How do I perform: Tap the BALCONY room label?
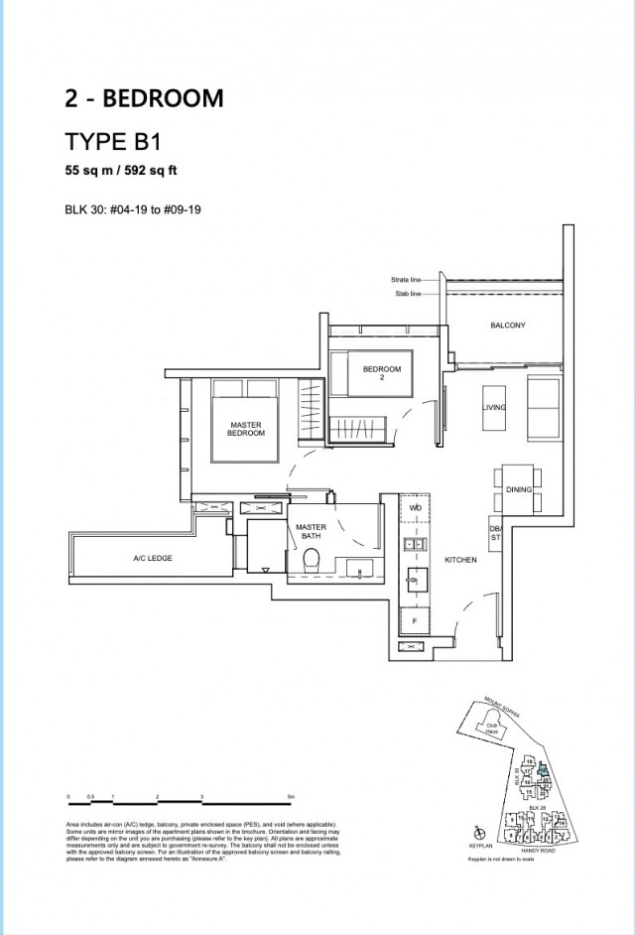[507, 326]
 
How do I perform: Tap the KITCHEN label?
[460, 561]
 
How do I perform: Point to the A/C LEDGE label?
[153, 559]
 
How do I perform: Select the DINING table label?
[519, 490]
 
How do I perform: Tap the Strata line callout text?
[406, 281]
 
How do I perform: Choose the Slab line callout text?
[408, 295]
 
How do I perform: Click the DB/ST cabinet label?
[495, 535]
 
